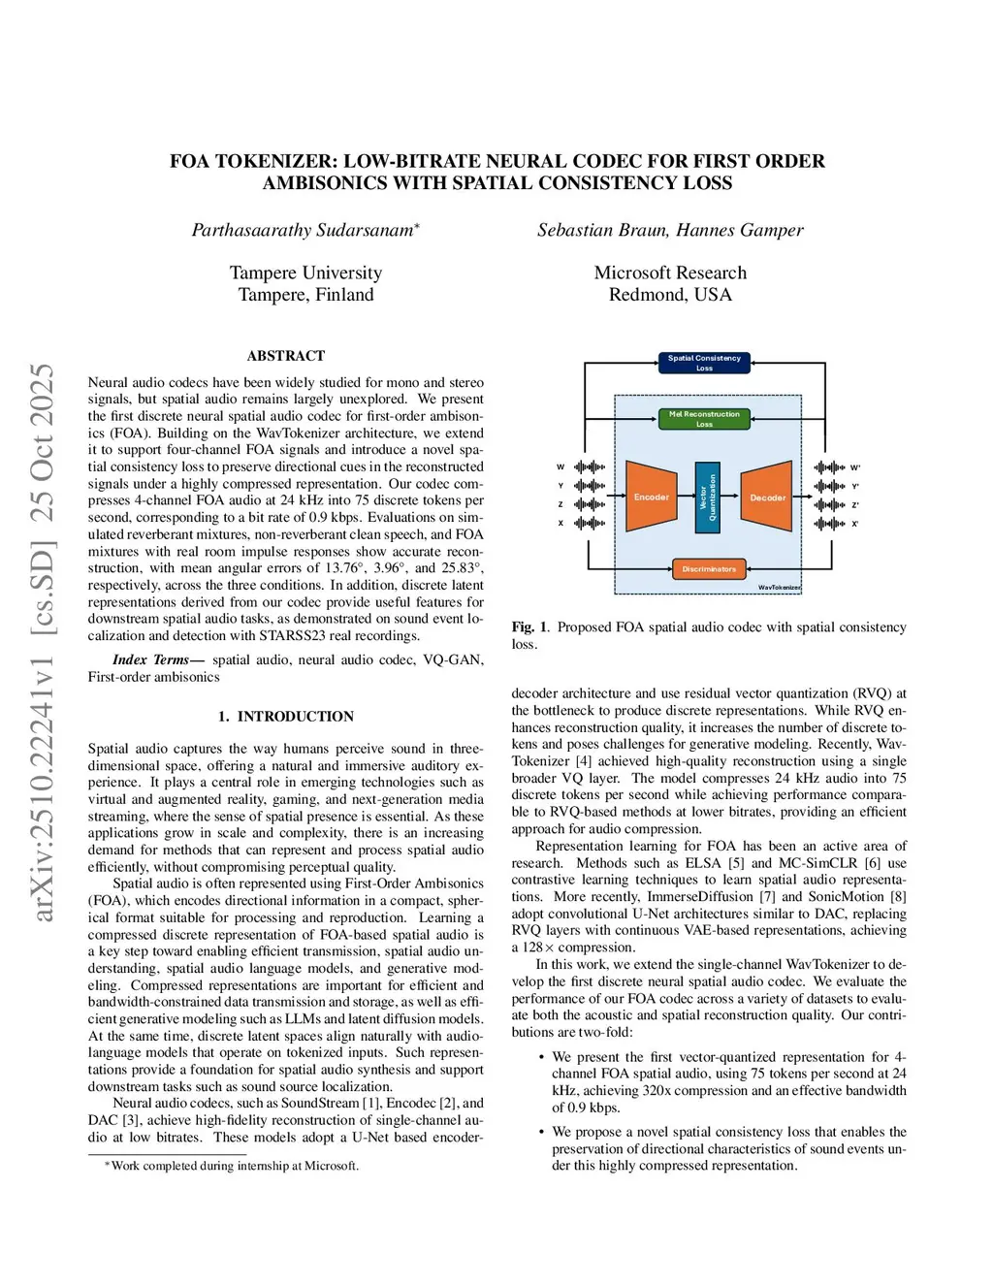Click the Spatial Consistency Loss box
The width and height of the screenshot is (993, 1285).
point(704,363)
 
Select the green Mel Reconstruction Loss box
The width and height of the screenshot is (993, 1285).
point(704,419)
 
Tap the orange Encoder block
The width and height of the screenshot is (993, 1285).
point(651,497)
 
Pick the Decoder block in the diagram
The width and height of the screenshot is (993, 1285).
point(767,498)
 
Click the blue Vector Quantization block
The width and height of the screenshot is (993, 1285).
point(708,498)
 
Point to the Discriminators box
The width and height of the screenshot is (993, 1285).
point(709,569)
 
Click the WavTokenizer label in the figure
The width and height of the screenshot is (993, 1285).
point(780,587)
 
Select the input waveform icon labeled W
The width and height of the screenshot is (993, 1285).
point(589,467)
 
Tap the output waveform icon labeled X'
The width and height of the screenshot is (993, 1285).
point(829,524)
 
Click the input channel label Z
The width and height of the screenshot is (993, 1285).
point(561,504)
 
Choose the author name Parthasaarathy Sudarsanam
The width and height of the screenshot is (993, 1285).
point(303,230)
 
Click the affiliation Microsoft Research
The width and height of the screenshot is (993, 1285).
point(670,273)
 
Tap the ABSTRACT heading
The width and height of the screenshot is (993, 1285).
point(286,356)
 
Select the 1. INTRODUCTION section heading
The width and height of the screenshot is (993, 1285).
point(285,717)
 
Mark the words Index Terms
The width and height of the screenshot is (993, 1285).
point(151,659)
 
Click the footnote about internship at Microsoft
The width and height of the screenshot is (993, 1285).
point(233,1166)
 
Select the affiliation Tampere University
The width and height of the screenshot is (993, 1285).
point(305,273)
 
